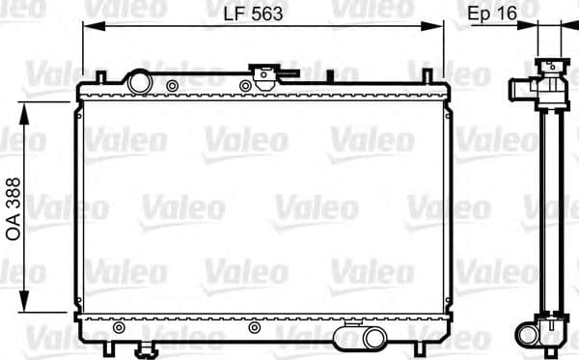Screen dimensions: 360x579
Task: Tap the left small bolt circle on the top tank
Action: coord(172,86)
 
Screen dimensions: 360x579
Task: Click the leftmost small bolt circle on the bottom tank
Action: coord(118,327)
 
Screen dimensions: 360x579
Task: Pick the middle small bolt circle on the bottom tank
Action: coord(254,327)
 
